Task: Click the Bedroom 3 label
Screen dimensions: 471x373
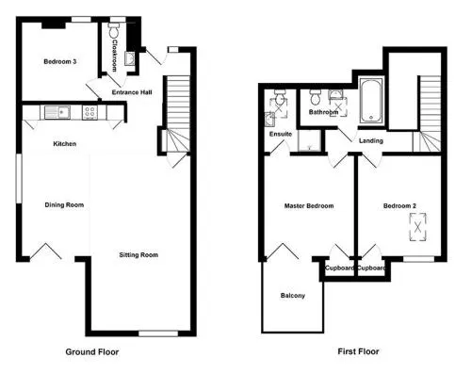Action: coord(60,61)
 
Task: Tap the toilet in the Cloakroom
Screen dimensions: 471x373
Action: coord(113,29)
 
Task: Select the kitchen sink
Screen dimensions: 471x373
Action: coord(57,112)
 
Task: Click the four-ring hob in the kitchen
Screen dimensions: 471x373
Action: coord(89,112)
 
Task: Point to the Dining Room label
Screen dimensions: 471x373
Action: coord(64,205)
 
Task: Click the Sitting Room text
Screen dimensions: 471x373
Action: coord(138,255)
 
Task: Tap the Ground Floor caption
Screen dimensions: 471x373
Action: coord(92,352)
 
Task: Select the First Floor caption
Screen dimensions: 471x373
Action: coord(358,351)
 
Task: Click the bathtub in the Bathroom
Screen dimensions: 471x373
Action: coord(371,101)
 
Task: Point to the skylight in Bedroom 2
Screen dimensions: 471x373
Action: coord(418,227)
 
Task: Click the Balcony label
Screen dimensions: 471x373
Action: coord(293,296)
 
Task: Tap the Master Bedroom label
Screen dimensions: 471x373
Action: coord(309,206)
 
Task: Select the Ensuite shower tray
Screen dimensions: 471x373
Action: coord(310,140)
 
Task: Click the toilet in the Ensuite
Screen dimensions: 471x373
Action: coord(280,98)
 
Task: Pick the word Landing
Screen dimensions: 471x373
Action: coord(371,141)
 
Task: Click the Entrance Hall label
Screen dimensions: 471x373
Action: coord(132,92)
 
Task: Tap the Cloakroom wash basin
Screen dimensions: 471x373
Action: coord(130,58)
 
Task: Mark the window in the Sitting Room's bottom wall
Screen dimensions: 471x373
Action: coord(158,333)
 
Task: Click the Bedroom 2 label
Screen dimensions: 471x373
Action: coord(399,206)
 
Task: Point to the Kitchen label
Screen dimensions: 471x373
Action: coord(65,144)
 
